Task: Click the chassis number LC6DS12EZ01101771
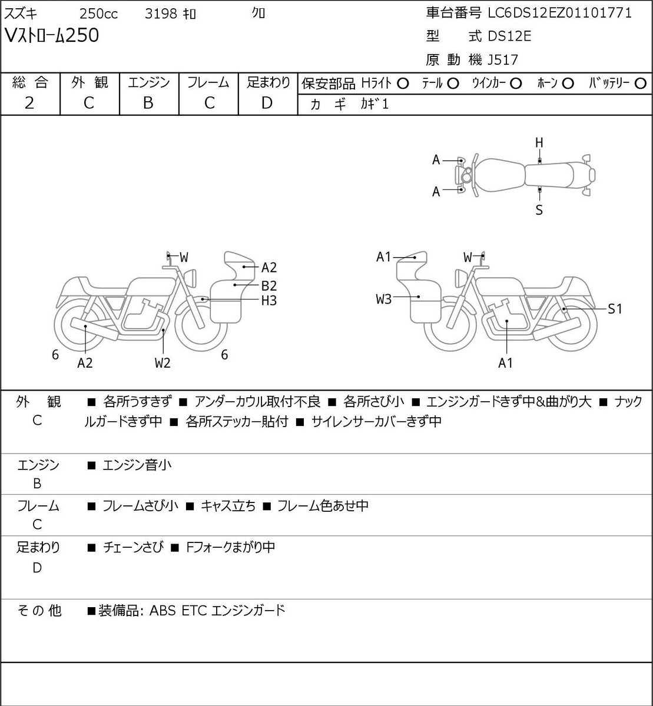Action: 559,13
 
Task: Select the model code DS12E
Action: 509,36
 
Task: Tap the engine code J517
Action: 503,60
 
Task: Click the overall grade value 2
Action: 29,103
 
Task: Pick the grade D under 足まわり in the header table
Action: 267,103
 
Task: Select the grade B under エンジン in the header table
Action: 148,103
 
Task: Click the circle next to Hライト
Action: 403,84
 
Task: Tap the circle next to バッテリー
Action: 640,84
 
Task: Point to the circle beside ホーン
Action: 568,84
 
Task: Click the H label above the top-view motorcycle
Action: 539,143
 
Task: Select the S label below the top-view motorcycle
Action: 539,210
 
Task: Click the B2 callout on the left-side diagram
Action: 269,286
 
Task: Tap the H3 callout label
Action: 269,301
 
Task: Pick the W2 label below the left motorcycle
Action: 163,363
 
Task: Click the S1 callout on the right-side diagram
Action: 615,309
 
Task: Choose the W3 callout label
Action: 383,299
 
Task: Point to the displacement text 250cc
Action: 98,14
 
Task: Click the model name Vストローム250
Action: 52,35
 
